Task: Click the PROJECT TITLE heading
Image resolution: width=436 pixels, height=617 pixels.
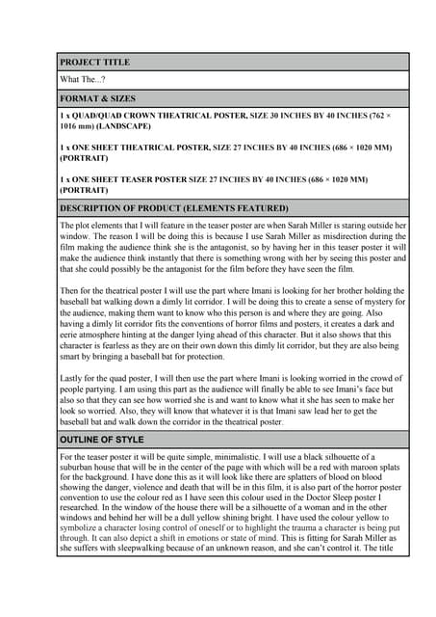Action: coord(94,63)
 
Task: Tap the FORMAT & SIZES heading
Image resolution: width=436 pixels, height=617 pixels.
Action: coord(97,98)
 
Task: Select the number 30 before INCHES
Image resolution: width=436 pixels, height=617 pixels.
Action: coord(255,116)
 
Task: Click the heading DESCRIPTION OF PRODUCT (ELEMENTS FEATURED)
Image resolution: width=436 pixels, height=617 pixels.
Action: coord(173,207)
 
